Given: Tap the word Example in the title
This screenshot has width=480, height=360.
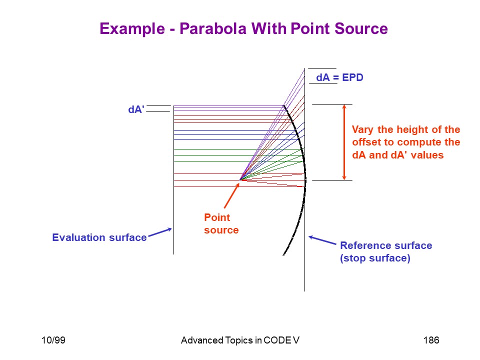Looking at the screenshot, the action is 132,29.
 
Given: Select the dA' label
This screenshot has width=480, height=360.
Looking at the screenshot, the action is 136,109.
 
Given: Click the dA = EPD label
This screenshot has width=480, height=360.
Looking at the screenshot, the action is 339,77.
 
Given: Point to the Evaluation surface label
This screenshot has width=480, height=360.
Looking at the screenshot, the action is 99,237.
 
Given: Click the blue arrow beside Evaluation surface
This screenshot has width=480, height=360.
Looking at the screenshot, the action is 160,232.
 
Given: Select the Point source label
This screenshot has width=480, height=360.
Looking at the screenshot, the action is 221,224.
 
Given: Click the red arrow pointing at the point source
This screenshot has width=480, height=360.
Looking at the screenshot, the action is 231,195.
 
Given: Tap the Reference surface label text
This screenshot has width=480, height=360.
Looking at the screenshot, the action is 386,245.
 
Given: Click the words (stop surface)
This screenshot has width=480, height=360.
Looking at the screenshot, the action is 375,258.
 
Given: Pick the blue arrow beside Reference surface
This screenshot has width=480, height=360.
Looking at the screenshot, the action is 322,240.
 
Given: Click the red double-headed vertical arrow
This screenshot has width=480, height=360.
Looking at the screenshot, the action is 344,142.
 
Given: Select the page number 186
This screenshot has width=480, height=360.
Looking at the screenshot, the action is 431,340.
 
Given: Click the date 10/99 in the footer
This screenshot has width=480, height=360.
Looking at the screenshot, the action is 53,340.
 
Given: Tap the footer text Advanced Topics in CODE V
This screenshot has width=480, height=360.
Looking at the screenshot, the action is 240,340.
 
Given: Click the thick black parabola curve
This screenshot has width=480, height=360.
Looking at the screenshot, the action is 305,180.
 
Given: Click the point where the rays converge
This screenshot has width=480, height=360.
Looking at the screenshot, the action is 240,179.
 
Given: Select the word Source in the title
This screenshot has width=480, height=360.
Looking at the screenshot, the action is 361,29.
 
